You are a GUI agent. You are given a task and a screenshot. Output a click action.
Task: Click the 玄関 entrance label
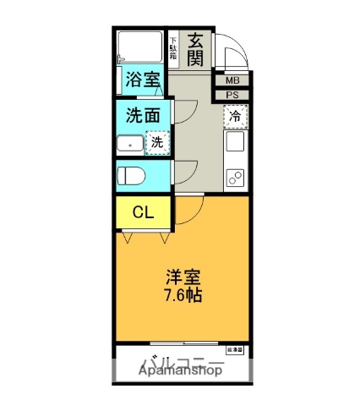click(195, 50)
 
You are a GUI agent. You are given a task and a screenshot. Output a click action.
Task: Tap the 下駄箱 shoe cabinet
click(173, 48)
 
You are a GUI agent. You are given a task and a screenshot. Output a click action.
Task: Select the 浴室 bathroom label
click(142, 80)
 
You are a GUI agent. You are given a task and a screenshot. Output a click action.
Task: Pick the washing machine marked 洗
click(156, 143)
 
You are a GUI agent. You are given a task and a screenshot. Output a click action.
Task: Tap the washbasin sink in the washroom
click(131, 145)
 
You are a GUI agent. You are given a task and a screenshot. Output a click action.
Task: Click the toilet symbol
click(132, 177)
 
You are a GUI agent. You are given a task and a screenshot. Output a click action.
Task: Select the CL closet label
click(142, 212)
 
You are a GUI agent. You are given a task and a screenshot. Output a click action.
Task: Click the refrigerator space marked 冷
click(234, 115)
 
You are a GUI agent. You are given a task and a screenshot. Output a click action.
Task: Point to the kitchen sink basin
click(234, 140)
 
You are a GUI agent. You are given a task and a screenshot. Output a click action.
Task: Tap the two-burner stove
click(234, 178)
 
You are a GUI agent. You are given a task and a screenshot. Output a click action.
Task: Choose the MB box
click(232, 80)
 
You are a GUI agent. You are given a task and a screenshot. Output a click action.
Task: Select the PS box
click(232, 95)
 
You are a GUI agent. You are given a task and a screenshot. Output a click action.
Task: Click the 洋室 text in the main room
click(183, 277)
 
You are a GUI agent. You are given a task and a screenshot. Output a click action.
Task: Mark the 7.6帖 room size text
click(183, 296)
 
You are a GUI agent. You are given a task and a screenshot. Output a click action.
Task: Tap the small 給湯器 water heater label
click(234, 348)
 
